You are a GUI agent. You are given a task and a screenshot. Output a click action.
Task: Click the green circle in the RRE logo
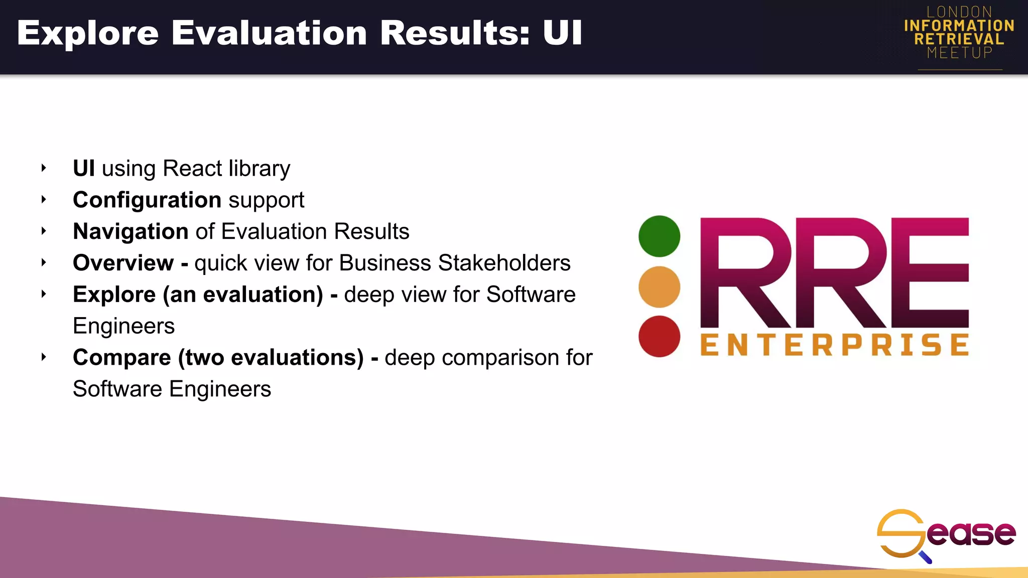coord(659,236)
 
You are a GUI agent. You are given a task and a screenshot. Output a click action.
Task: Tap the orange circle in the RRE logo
coord(659,286)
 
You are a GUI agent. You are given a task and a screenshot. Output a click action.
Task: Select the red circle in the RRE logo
coord(659,336)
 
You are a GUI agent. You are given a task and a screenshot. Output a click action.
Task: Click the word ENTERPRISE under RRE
coord(834,345)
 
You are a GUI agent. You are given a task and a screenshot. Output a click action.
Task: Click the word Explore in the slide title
coord(88,33)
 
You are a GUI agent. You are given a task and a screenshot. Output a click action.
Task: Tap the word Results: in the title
coord(455,33)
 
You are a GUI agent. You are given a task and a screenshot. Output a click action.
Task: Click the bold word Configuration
coord(147,200)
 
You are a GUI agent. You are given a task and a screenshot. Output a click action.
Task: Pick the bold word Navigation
coord(131,232)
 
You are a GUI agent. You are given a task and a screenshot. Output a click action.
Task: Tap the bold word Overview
coord(123,263)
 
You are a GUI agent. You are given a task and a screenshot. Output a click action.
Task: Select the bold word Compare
coord(122,358)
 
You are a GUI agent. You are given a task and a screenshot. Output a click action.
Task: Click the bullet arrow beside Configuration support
coord(44,200)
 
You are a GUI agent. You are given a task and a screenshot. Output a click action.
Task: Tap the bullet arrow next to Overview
coord(44,262)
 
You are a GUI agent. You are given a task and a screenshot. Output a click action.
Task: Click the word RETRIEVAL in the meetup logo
coord(959,39)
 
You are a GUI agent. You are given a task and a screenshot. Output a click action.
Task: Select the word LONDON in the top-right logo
coord(959,12)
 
